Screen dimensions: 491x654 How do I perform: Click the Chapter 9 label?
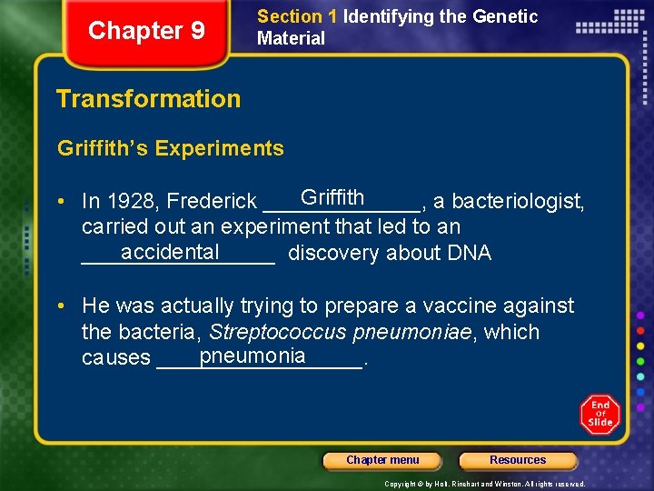pos(146,31)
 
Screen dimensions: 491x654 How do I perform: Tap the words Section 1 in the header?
pos(290,16)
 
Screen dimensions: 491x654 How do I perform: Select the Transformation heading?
pos(148,98)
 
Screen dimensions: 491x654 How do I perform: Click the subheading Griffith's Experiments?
pos(170,148)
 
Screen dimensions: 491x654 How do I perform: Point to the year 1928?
pos(132,201)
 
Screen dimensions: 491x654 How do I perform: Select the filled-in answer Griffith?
pos(332,197)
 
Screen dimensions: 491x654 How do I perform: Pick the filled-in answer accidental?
pos(170,252)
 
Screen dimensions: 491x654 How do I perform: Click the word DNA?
pos(470,254)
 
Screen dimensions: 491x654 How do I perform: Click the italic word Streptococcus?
pos(279,333)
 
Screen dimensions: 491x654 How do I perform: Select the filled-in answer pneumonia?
pos(253,356)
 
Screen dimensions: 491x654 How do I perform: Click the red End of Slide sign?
pos(599,415)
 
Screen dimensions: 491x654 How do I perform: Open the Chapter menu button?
pos(382,460)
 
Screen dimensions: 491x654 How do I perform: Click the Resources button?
pos(518,460)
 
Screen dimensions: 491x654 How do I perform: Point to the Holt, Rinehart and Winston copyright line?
pos(484,484)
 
